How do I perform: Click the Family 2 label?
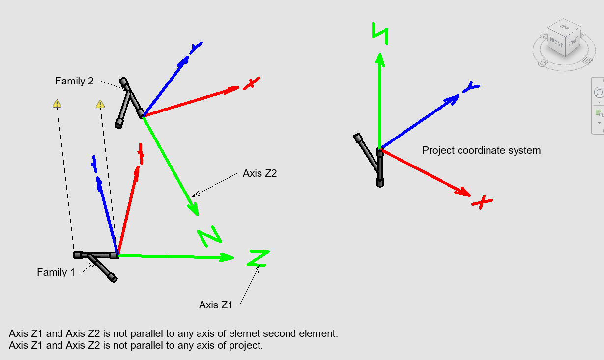pos(74,82)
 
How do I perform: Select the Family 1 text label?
pos(56,272)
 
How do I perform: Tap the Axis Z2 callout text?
pos(259,173)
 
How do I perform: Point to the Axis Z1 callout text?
pos(216,305)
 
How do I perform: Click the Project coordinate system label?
pos(481,150)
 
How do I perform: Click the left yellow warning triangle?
pos(57,104)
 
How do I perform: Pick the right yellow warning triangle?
pos(100,104)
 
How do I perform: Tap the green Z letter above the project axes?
pos(380,33)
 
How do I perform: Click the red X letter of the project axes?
pos(482,201)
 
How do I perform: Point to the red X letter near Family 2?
pos(251,83)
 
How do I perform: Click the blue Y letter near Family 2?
pos(196,48)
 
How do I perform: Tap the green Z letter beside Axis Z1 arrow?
pos(258,258)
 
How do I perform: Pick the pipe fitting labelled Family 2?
pos(129,101)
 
